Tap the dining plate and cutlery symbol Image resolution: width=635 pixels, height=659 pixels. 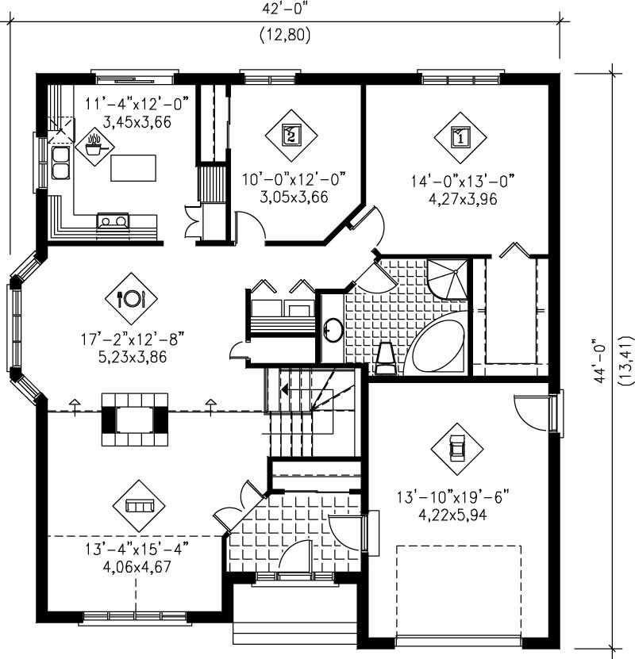point(131,298)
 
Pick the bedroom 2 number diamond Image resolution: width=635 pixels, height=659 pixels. point(291,134)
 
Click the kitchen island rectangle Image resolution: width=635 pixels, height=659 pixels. point(133,168)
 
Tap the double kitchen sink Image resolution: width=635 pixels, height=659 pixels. point(60,162)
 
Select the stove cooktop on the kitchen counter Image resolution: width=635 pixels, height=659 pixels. point(113,221)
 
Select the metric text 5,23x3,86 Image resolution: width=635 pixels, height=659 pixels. point(133,356)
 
